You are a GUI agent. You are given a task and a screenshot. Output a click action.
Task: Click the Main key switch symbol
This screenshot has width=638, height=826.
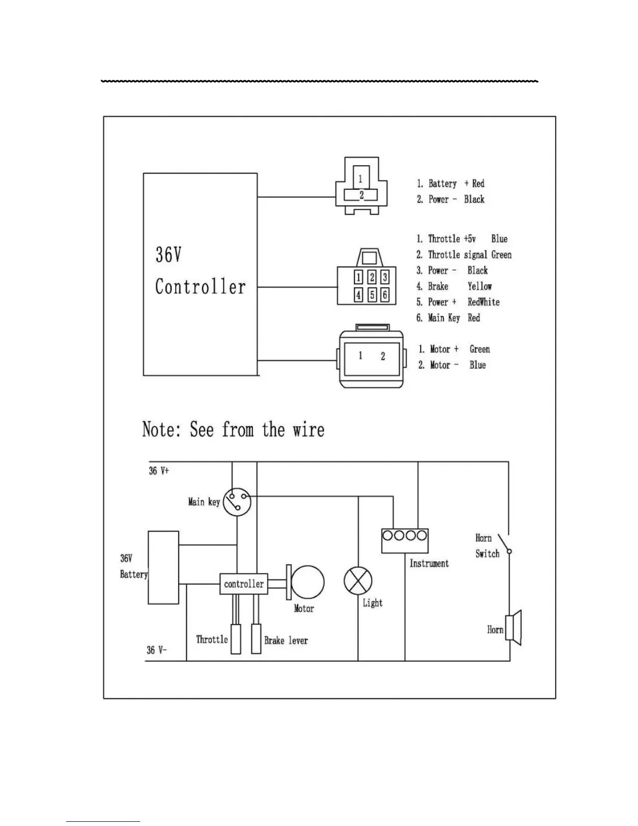point(237,502)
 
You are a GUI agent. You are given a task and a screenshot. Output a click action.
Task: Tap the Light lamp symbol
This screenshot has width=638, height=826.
point(359,581)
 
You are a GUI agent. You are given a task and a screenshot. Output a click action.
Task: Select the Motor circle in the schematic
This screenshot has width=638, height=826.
point(308,582)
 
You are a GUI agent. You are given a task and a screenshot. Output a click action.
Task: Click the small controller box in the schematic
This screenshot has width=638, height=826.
point(244,584)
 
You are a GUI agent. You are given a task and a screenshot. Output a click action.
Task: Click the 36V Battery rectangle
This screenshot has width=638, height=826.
point(164,567)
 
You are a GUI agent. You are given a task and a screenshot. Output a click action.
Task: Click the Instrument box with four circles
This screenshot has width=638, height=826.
point(404,540)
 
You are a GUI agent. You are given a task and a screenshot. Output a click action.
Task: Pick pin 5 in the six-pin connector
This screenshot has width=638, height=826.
point(372,295)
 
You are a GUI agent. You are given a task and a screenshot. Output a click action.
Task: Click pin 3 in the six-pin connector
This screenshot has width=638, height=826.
point(385,277)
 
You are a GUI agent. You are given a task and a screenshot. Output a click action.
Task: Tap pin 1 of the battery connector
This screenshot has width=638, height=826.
point(360,179)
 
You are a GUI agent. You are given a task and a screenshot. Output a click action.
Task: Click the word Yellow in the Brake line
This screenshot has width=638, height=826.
point(480,286)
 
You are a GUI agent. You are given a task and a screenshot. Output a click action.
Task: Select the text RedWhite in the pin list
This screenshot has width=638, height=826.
point(483,302)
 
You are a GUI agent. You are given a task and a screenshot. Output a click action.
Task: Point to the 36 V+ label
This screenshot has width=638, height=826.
point(159,471)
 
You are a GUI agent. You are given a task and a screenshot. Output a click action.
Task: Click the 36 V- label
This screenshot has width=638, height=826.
point(157,650)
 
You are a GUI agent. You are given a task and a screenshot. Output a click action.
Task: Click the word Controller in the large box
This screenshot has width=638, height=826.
point(201,287)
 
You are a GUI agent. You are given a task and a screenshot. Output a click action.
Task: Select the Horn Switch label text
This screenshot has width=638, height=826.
point(487,546)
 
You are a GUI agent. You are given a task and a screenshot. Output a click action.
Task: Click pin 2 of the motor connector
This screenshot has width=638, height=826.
point(383,356)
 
